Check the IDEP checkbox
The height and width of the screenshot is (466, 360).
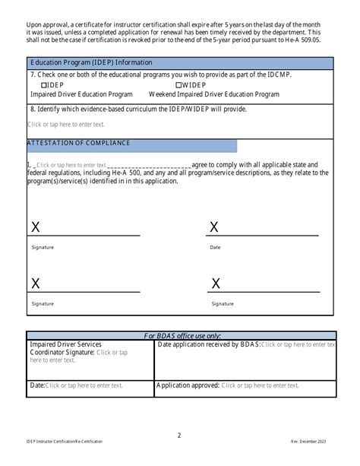(43, 86)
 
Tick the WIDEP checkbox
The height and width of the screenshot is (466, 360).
(178, 86)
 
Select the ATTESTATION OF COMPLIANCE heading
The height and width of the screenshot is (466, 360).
(79, 143)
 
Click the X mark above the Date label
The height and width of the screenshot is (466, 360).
(214, 227)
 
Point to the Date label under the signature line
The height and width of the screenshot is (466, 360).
(215, 247)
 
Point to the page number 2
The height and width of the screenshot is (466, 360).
(179, 436)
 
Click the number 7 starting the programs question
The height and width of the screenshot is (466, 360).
(31, 75)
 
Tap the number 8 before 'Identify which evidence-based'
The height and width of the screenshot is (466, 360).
(31, 109)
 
